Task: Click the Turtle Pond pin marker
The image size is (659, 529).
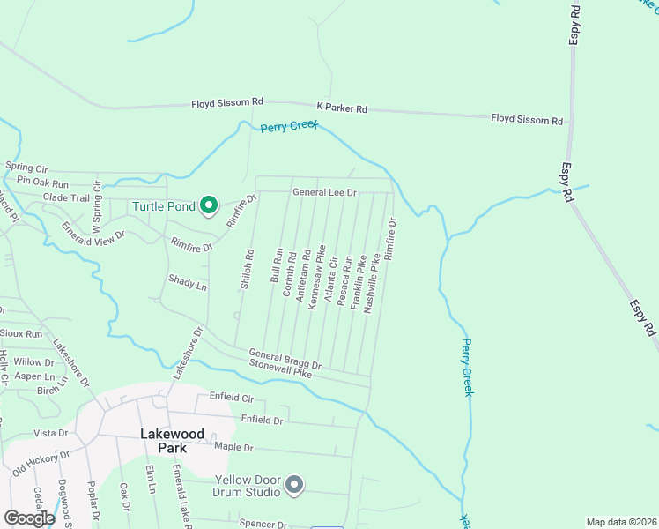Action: click(x=209, y=206)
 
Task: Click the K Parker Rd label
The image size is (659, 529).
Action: click(x=342, y=108)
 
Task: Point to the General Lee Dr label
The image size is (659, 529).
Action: click(x=324, y=192)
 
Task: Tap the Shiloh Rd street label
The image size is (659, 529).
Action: click(x=248, y=269)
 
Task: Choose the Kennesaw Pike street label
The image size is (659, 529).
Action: click(x=314, y=274)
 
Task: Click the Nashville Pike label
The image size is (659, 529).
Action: click(x=371, y=280)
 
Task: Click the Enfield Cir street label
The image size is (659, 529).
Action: click(x=231, y=398)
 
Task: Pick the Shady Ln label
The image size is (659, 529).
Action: click(x=187, y=282)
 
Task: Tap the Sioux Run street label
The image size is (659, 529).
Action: click(x=21, y=334)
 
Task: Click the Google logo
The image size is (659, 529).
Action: click(x=29, y=518)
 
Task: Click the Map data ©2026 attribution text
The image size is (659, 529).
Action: click(x=620, y=522)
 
